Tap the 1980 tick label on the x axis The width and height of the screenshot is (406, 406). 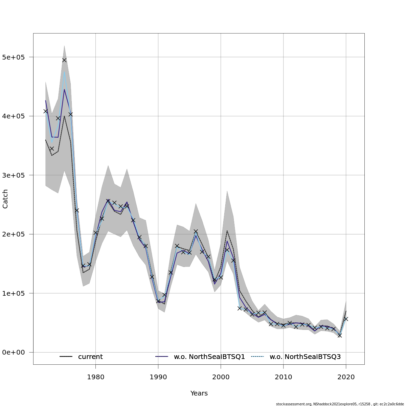pos(95,377)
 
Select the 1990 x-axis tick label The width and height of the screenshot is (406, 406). pos(158,377)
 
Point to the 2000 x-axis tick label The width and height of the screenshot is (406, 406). pos(221,377)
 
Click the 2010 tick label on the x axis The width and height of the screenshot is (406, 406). pos(283,377)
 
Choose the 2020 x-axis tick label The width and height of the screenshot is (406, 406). pos(346,377)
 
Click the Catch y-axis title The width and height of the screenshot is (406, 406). pos(5,199)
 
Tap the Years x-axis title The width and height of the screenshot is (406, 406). pos(199,393)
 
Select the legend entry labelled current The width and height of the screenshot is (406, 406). pos(90,357)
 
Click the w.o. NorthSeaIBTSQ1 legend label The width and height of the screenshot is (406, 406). pos(209,357)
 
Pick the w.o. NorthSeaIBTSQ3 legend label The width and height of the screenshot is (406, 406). pos(305,357)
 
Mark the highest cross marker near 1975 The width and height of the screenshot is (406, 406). pos(64,60)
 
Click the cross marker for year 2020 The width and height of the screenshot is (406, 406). pos(346,319)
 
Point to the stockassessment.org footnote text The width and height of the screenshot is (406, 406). pos(340,404)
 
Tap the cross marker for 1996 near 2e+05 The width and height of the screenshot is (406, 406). pos(196,231)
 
